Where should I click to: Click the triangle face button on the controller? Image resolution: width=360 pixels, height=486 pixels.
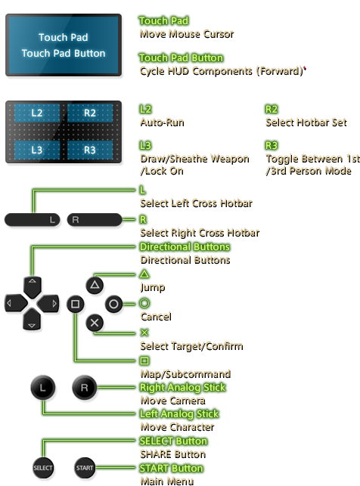[x=95, y=286]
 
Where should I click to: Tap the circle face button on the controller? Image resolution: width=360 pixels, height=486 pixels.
[x=113, y=304]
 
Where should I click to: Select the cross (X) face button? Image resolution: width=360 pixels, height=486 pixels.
[x=95, y=323]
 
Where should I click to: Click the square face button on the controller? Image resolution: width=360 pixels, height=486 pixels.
[x=75, y=305]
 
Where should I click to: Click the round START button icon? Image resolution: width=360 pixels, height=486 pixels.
[x=85, y=468]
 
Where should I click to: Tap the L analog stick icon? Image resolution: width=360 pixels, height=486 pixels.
[x=43, y=387]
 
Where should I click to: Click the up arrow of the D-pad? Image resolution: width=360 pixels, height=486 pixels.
[x=31, y=286]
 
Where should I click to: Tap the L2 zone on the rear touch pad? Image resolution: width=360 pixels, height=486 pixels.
[x=38, y=113]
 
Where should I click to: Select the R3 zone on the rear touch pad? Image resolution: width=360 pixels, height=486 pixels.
[x=89, y=150]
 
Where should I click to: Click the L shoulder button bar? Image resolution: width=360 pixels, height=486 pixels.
[x=32, y=220]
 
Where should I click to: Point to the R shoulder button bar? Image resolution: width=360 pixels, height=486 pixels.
[x=94, y=220]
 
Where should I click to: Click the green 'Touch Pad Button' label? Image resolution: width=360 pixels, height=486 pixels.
[x=181, y=58]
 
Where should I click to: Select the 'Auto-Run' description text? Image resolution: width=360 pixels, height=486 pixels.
[x=161, y=121]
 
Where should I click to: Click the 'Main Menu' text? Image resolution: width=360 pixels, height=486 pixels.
[x=161, y=480]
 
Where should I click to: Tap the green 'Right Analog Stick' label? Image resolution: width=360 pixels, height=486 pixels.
[x=183, y=387]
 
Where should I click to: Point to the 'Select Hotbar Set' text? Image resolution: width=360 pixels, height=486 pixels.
[x=306, y=121]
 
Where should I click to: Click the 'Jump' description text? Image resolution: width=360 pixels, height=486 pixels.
[x=151, y=286]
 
